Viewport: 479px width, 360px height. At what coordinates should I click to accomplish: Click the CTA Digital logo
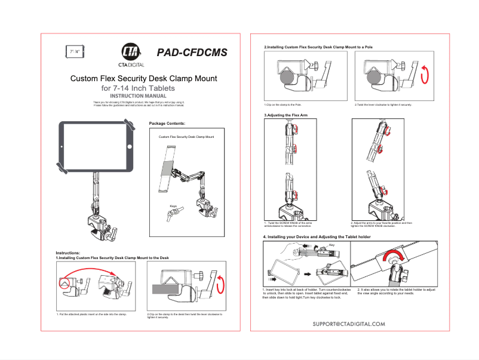[x=130, y=54]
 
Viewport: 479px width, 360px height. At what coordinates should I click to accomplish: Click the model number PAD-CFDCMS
[x=192, y=53]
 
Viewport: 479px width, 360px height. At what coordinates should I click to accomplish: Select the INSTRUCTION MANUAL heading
[x=138, y=96]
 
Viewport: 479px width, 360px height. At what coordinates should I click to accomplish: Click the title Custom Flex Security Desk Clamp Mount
[x=143, y=78]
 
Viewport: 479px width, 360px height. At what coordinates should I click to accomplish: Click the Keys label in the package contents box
[x=173, y=207]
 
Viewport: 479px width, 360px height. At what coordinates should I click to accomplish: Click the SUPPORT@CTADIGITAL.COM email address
[x=349, y=324]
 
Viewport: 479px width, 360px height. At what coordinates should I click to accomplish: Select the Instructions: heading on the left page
[x=72, y=253]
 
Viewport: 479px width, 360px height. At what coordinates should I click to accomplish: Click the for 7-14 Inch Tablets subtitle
[x=138, y=88]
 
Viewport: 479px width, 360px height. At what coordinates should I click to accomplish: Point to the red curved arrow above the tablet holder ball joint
[x=395, y=257]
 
